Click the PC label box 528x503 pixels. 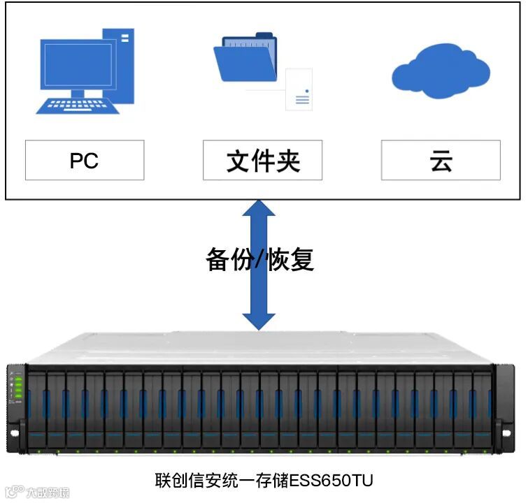pyautogui.click(x=85, y=160)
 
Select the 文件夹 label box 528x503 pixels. pyautogui.click(x=263, y=160)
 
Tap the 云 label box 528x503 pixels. pyautogui.click(x=441, y=160)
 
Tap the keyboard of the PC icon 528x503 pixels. pyautogui.click(x=76, y=105)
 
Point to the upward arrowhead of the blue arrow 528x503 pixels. pyautogui.click(x=259, y=210)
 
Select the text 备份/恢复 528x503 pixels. pyautogui.click(x=259, y=259)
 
